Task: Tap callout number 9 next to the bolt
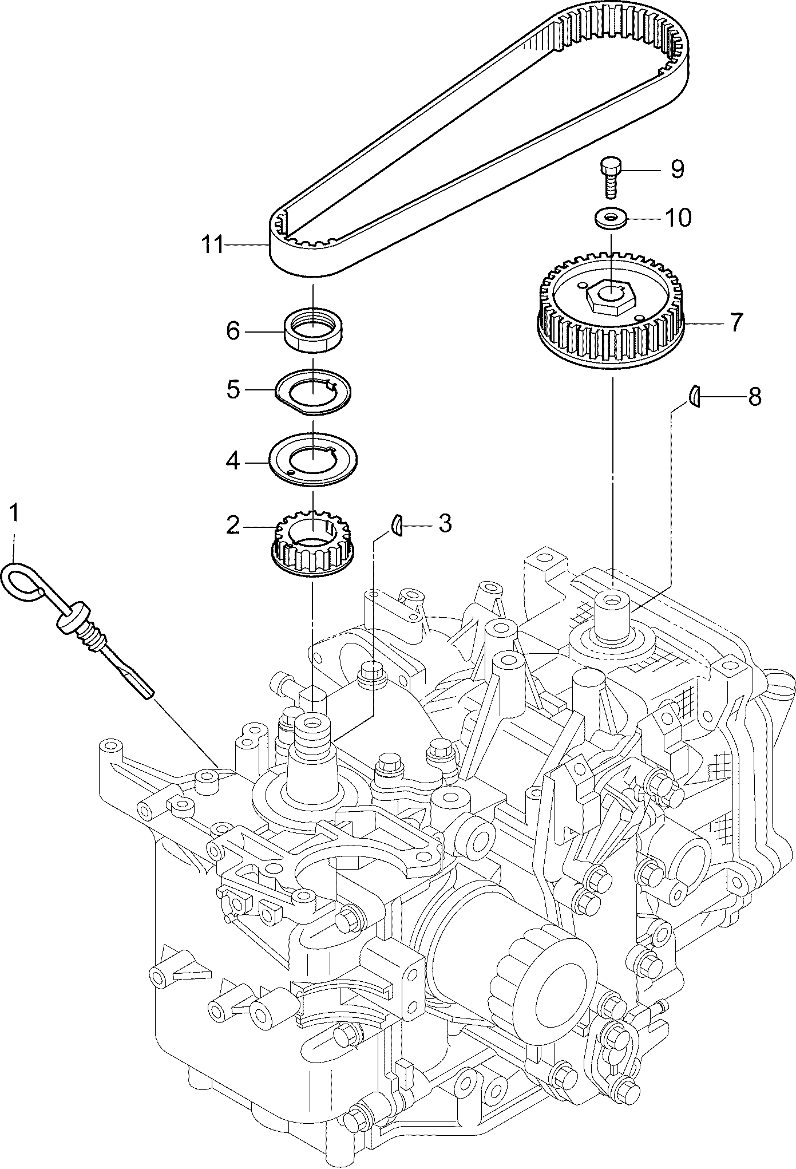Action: point(677,169)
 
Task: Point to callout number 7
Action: point(736,322)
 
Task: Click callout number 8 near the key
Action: point(755,396)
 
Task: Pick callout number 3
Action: point(445,523)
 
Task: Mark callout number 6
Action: point(233,331)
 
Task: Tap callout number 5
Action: point(233,390)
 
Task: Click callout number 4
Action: point(233,461)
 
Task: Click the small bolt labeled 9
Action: point(611,179)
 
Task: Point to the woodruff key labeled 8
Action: point(693,396)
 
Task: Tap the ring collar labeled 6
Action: point(314,331)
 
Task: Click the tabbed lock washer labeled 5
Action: point(314,393)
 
